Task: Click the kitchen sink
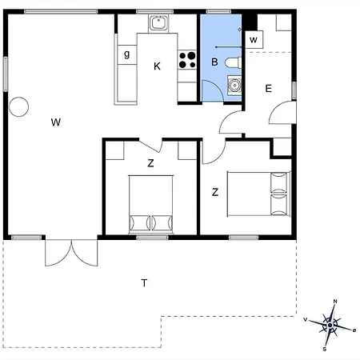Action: coord(158,23)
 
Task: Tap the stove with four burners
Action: coord(187,60)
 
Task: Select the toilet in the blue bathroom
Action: coord(233,63)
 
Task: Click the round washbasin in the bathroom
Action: coord(234,85)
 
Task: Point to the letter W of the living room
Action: coord(56,122)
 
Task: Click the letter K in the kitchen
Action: coord(157,66)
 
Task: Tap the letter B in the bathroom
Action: coord(214,62)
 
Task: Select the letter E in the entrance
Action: coord(268,88)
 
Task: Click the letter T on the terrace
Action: coord(144,282)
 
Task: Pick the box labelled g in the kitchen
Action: coord(127,54)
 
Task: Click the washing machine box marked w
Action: coord(254,40)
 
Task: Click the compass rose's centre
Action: coord(330,325)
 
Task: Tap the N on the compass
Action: coord(335,302)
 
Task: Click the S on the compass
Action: coord(325,350)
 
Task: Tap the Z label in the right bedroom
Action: coord(215,192)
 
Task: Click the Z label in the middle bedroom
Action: coord(150,163)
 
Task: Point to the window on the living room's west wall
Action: coord(6,74)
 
